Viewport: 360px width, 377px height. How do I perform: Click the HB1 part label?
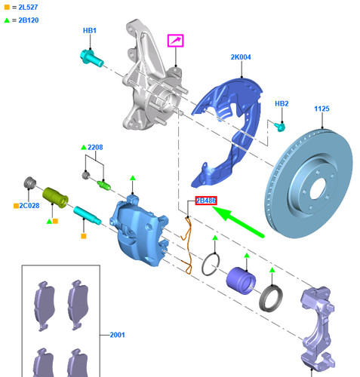pos(89,30)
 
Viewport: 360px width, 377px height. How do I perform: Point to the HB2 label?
pos(282,103)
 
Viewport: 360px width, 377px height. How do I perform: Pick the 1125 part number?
pos(322,109)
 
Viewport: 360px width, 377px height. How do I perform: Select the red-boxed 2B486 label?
pos(207,201)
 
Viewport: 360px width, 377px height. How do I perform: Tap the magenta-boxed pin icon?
pos(175,39)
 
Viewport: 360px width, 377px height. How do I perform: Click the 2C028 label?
pos(28,204)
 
